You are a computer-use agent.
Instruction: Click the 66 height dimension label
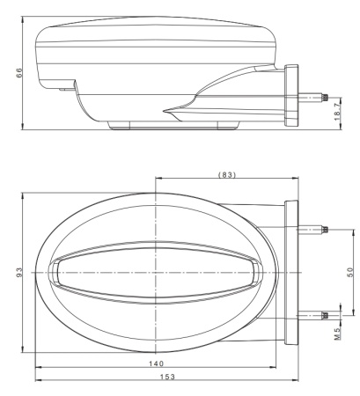(x=19, y=73)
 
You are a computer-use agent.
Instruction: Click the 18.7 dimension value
(x=337, y=113)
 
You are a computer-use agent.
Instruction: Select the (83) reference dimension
(x=227, y=174)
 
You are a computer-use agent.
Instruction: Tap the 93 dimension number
(x=19, y=272)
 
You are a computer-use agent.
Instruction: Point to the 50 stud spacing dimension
(x=350, y=272)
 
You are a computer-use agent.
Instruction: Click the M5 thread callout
(x=337, y=334)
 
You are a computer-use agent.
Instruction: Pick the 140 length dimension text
(x=156, y=363)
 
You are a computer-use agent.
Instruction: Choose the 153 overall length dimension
(x=167, y=377)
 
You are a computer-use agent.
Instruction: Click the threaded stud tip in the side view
(x=325, y=98)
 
